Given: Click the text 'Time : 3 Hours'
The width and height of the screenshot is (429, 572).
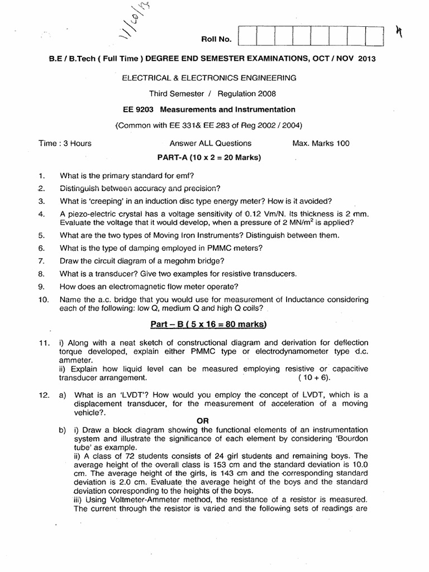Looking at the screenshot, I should (65, 144).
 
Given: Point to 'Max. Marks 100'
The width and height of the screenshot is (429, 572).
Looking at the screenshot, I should (321, 144).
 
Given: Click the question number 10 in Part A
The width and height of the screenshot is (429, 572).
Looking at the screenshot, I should (44, 301).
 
